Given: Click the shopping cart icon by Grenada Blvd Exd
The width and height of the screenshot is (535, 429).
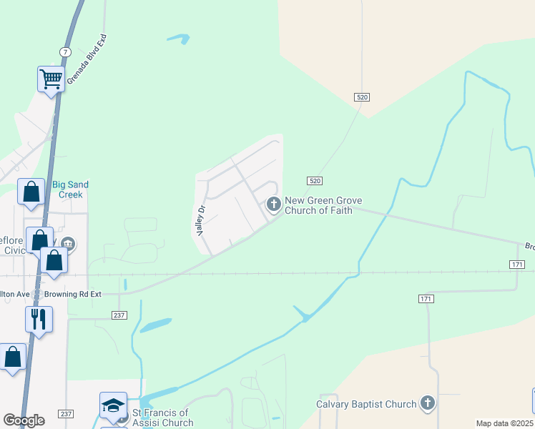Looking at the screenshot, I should (51, 79).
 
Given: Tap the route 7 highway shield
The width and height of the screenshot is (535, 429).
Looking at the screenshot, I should (65, 52).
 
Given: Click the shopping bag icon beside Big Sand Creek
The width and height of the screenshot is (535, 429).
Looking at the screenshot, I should (31, 192).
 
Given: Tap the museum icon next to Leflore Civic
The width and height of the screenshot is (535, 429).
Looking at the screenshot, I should (69, 243).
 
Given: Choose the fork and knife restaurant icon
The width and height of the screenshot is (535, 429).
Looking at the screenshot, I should (39, 318).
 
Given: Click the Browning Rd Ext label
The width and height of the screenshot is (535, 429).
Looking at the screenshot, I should (74, 294).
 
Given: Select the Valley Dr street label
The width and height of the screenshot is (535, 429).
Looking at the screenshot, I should (201, 221).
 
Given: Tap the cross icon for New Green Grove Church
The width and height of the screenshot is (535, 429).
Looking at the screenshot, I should (273, 204).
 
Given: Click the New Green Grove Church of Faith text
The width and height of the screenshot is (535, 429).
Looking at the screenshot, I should (323, 206).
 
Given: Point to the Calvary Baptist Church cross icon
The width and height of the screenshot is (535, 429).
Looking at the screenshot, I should (428, 404).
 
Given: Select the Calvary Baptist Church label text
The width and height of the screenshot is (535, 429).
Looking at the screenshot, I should (366, 404).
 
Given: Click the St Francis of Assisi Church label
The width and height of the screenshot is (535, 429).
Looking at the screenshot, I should (162, 418).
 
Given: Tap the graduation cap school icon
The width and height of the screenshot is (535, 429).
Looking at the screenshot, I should (113, 405).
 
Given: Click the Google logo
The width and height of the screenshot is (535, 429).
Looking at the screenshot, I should (24, 420).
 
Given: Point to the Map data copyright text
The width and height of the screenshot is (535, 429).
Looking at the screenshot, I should (504, 423).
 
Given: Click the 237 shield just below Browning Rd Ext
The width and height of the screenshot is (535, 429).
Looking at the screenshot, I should (119, 315).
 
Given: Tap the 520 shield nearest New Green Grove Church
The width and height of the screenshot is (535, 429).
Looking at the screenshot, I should (315, 181).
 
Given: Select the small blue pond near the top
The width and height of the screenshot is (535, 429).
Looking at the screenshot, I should (178, 39).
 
